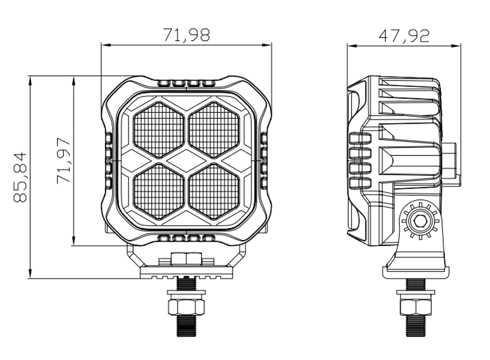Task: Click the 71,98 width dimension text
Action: pos(186,35)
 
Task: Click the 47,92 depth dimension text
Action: pos(404,35)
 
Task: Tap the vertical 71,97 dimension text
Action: pos(64,161)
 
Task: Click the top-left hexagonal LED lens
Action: pos(159,130)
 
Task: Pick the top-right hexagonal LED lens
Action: pos(214,130)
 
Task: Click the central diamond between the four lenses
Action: pos(186,160)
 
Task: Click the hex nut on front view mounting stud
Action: pos(186,307)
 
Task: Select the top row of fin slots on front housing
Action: pos(186,83)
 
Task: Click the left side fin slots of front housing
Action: pos(108,160)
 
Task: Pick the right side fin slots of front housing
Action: pos(264,160)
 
